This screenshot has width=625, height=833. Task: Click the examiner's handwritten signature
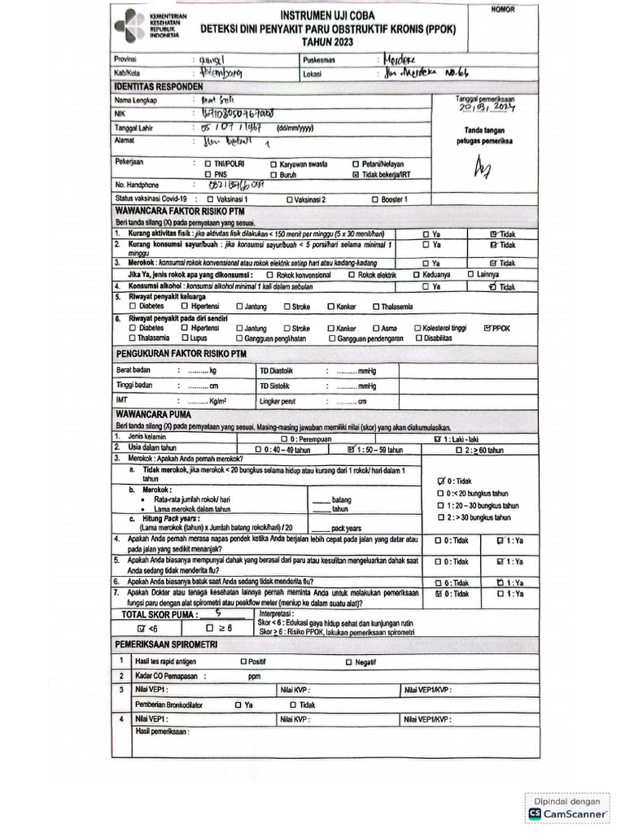pos(483,168)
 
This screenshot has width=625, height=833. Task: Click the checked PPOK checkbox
pos(487,329)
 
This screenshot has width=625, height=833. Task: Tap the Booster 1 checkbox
pos(374,198)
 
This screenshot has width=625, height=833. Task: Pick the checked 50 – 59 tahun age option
pos(351,449)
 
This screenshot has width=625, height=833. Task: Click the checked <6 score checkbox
pos(142,629)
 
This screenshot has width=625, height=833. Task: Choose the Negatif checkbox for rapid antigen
pos(349,661)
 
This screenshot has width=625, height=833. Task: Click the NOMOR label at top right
pos(503,10)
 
